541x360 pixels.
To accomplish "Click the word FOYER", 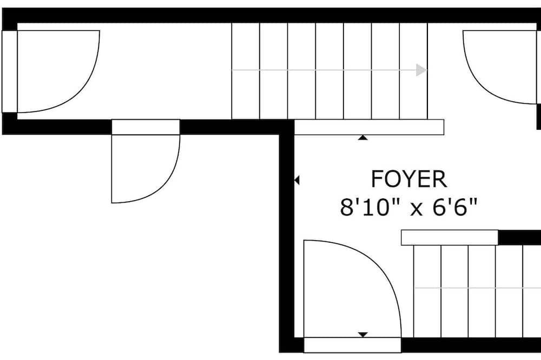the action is [409, 179].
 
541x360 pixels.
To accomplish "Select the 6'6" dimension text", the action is [455, 207].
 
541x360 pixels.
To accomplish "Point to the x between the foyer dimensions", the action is [417, 209].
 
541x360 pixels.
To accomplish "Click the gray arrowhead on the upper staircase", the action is [421, 70].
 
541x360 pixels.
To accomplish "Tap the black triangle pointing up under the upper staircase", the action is [362, 138].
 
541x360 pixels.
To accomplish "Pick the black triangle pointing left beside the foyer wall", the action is [296, 180].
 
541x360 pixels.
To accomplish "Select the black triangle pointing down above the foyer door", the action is [362, 335].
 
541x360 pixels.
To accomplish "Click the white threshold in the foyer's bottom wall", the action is [352, 345].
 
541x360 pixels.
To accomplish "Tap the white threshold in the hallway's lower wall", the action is [146, 127].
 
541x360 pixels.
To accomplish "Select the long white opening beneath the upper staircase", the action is [369, 127].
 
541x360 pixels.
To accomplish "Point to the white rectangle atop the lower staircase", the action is [450, 238].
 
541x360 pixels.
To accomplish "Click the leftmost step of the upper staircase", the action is [245, 71].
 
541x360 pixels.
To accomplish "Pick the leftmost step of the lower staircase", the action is [427, 291].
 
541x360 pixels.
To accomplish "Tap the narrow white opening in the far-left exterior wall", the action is [9, 71].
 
